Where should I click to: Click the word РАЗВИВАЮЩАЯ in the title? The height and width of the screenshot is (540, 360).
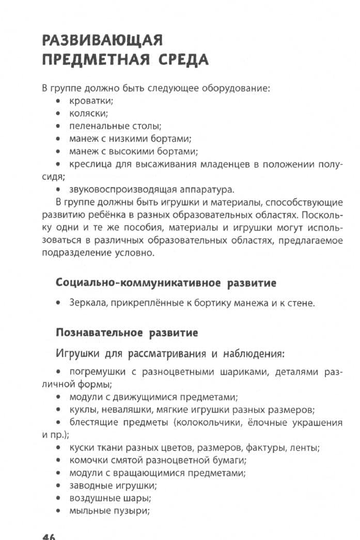[103, 40]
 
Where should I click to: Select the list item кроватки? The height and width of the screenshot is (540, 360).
[91, 101]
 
